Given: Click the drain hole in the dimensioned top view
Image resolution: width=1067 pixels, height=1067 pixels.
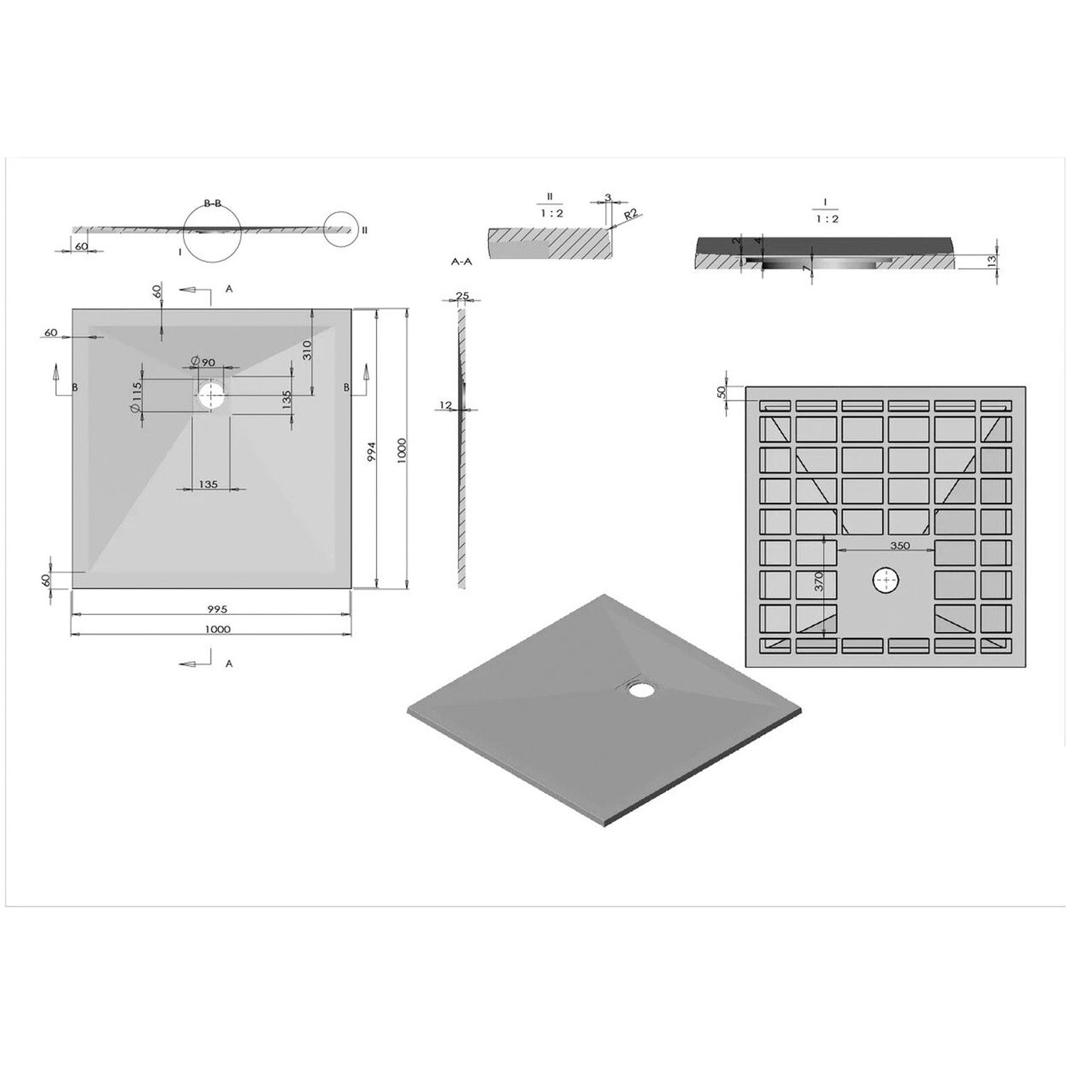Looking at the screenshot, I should pyautogui.click(x=211, y=396).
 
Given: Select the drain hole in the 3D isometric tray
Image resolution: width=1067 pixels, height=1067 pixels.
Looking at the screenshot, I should pyautogui.click(x=643, y=689).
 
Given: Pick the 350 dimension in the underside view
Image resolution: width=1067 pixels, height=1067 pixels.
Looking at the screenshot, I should pyautogui.click(x=899, y=546).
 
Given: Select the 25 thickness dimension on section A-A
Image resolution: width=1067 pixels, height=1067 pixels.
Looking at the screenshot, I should pyautogui.click(x=462, y=296).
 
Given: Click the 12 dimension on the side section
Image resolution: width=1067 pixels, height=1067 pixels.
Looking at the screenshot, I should pyautogui.click(x=446, y=405).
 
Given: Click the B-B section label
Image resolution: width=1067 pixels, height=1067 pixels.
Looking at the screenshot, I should pyautogui.click(x=213, y=203).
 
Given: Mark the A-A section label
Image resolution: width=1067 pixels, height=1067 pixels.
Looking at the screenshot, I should pyautogui.click(x=462, y=262).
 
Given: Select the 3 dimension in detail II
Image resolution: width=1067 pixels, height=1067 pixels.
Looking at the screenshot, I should pyautogui.click(x=608, y=197).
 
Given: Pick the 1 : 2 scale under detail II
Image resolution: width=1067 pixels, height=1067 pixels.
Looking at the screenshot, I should pyautogui.click(x=549, y=213).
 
